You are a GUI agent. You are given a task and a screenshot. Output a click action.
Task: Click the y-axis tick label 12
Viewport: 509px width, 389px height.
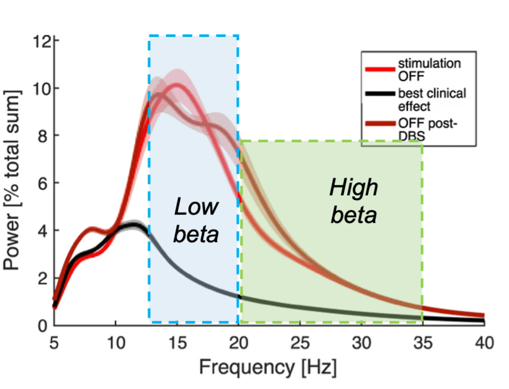tap(41, 41)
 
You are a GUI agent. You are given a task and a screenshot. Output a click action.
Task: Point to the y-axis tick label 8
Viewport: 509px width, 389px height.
tap(45, 136)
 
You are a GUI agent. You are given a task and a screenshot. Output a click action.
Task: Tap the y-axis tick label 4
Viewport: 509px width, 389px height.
tap(45, 231)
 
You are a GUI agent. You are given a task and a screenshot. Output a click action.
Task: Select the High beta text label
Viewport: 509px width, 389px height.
tap(354, 201)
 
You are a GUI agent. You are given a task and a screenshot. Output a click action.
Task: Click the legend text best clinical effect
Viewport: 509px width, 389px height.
tap(432, 100)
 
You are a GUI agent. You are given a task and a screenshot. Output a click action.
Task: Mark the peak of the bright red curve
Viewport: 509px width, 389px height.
tap(177, 85)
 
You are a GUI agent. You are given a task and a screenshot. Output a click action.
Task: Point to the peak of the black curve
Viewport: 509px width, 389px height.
tap(135, 225)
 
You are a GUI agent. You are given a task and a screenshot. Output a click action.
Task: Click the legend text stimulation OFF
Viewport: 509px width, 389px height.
tap(429, 69)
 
